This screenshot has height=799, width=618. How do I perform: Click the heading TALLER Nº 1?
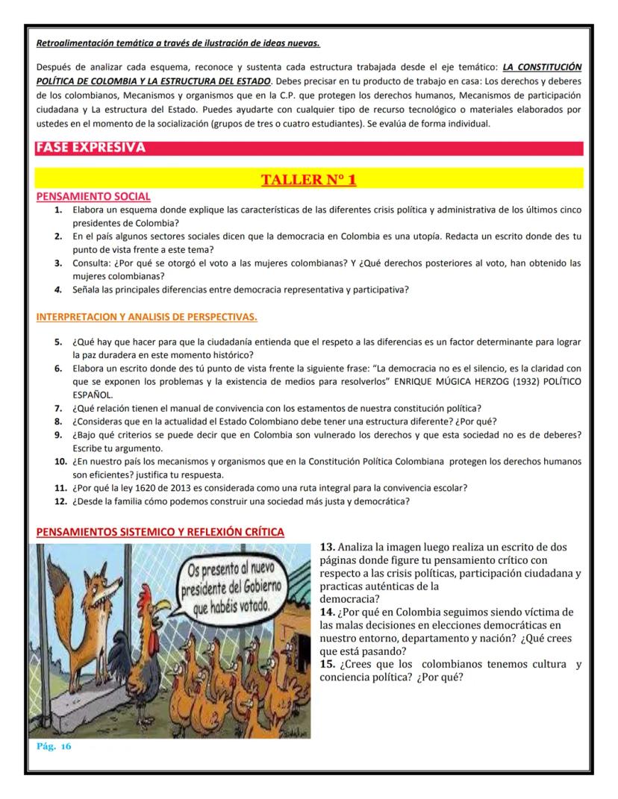[x=308, y=180]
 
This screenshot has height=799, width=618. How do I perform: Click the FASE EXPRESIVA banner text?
[x=90, y=148]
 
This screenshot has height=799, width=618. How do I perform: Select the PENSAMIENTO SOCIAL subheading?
[x=93, y=197]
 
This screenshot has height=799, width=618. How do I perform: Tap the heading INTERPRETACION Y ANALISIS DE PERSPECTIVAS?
[x=146, y=317]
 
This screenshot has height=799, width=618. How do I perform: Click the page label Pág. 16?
[x=54, y=747]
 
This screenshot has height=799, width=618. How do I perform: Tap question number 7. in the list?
[x=59, y=407]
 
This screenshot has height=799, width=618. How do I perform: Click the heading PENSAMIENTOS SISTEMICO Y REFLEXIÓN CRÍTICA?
[x=160, y=532]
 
